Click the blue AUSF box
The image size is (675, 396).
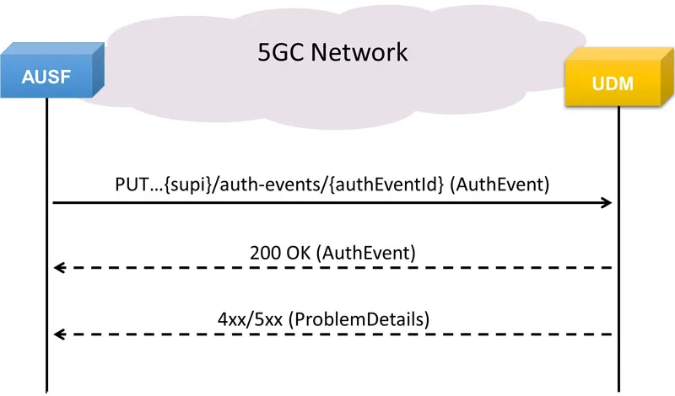[52, 70]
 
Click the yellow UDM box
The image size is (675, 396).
[619, 77]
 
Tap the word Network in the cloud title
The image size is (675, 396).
[359, 52]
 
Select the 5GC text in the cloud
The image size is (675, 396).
[282, 52]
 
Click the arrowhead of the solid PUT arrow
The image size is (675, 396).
[607, 202]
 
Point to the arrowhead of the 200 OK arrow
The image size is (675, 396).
[59, 268]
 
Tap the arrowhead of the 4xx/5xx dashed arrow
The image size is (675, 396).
[59, 334]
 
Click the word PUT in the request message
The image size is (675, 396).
[132, 185]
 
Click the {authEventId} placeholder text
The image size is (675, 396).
[386, 185]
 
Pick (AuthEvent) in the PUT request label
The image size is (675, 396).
[499, 185]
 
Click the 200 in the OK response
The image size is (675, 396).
[263, 253]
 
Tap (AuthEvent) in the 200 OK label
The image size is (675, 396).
[366, 253]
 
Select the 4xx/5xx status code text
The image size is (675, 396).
[250, 319]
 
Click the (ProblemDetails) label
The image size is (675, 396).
[359, 319]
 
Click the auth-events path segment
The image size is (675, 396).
[272, 185]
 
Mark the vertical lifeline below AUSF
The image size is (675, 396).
[46, 245]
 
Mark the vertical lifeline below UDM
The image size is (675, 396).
[619, 249]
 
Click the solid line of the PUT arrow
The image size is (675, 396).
[332, 202]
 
